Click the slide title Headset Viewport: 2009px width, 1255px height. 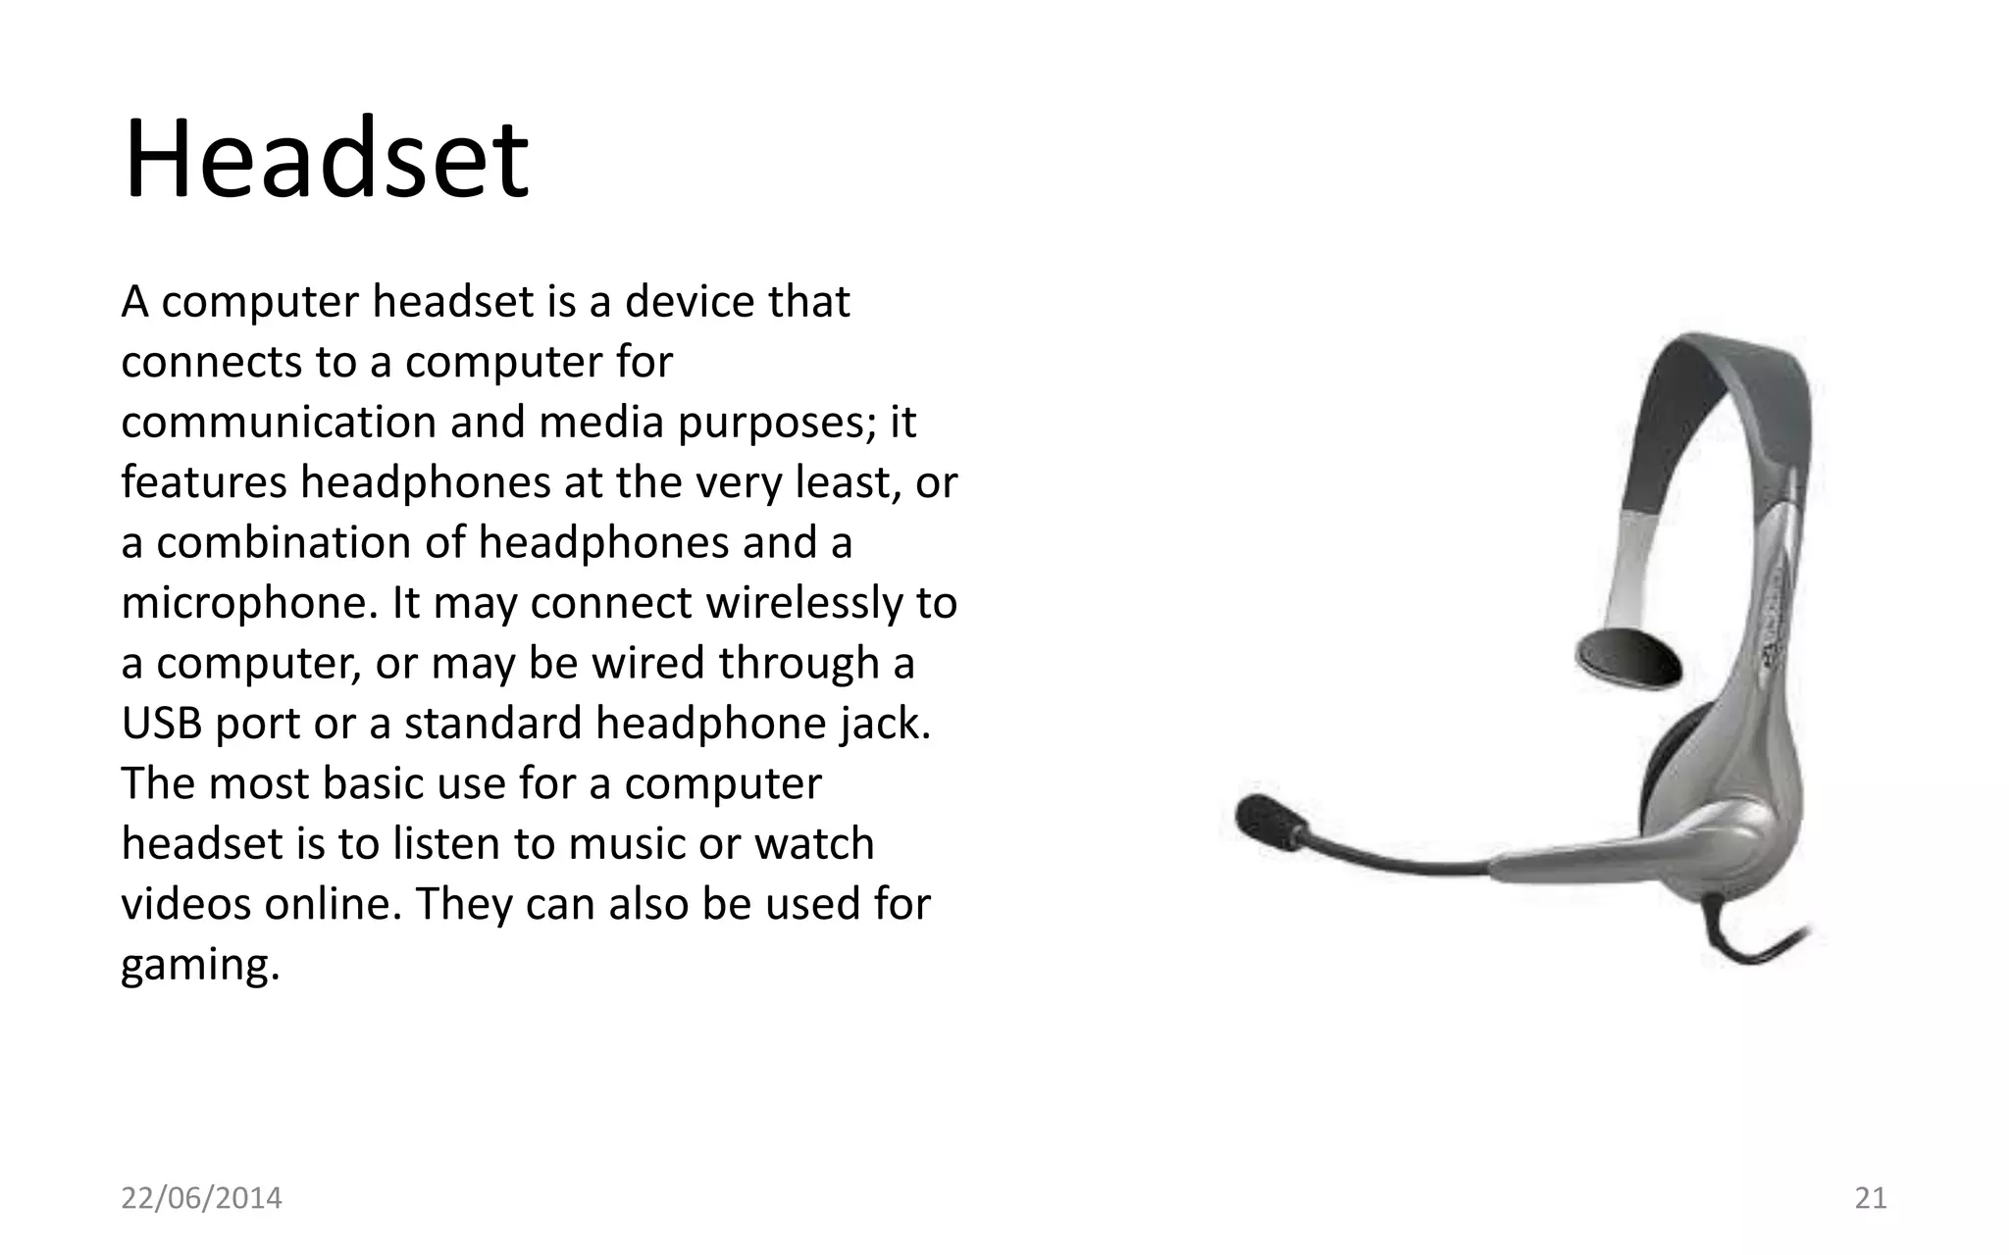click(326, 160)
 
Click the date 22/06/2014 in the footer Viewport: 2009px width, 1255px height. click(201, 1198)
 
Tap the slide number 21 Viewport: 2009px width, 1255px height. click(1871, 1198)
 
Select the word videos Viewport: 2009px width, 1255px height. click(185, 904)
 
